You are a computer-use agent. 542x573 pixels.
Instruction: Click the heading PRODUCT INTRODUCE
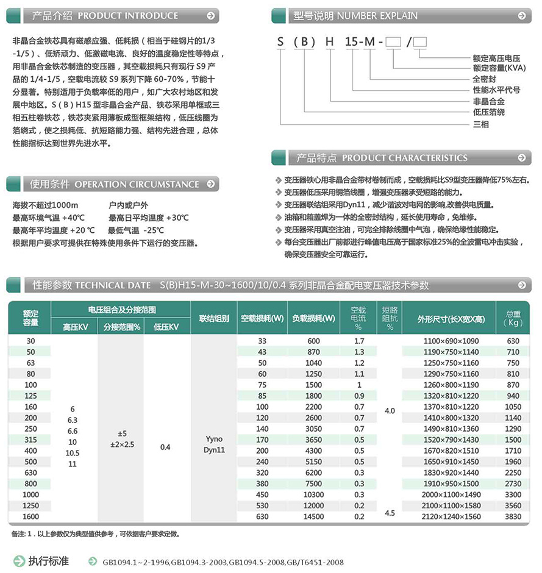pos(128,16)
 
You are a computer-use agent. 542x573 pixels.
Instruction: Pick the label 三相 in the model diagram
pos(481,124)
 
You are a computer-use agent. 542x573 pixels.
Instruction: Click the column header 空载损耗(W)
pos(262,318)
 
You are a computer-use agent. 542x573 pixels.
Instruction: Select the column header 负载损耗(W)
pos(313,318)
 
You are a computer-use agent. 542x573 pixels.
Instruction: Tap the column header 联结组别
pos(214,318)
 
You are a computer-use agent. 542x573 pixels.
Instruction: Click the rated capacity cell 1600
pos(30,517)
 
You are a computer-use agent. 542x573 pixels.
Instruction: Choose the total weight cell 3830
pos(513,517)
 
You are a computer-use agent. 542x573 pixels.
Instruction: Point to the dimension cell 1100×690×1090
pos(451,341)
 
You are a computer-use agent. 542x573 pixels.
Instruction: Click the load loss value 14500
pos(313,517)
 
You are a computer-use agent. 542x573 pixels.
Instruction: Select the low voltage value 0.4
pos(165,447)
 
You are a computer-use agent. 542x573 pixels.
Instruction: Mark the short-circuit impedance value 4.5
pos(390,513)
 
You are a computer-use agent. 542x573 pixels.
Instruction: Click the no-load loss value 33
pos(262,341)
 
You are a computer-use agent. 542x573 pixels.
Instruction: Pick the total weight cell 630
pos(513,341)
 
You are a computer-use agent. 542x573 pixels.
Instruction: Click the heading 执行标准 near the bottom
pos(49,561)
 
